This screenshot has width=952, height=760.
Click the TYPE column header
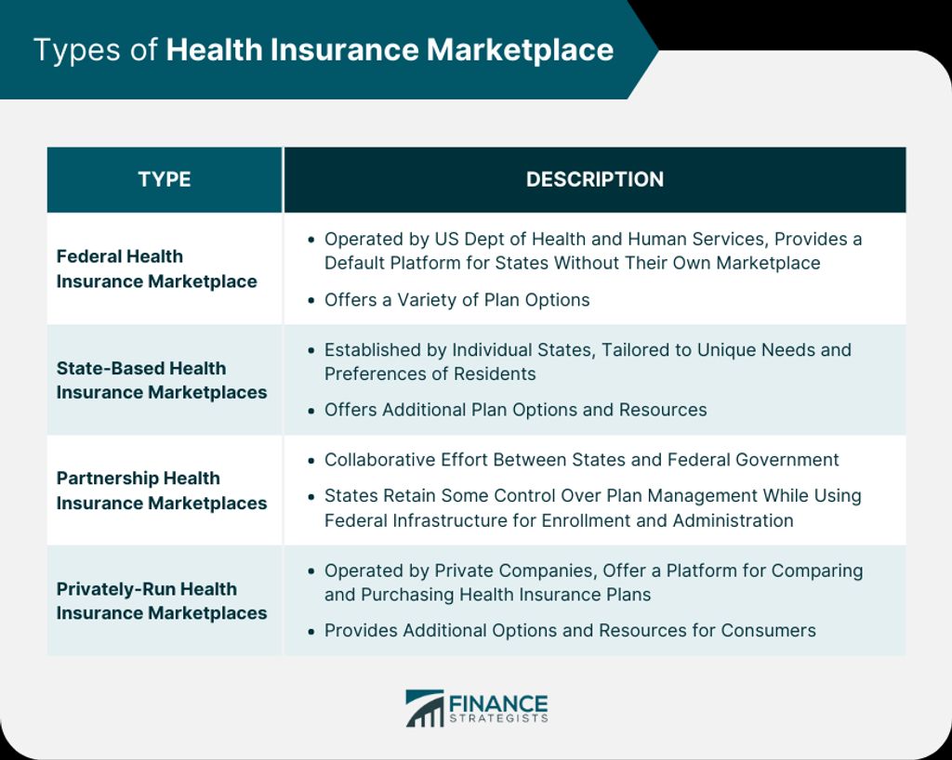pyautogui.click(x=164, y=179)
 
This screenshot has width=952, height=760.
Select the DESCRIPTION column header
pyautogui.click(x=594, y=179)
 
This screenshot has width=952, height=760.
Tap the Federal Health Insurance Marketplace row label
pyautogui.click(x=156, y=269)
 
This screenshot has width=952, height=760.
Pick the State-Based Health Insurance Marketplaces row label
pyautogui.click(x=162, y=380)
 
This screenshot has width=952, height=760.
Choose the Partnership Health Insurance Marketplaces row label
pyautogui.click(x=162, y=491)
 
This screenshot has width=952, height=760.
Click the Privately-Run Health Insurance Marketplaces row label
pyautogui.click(x=162, y=601)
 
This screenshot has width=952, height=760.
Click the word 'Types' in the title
pyautogui.click(x=77, y=50)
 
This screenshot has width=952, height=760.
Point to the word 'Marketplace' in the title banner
pyautogui.click(x=521, y=50)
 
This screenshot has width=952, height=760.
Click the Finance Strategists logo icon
pyautogui.click(x=424, y=708)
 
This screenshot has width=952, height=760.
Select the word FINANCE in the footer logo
pyautogui.click(x=498, y=704)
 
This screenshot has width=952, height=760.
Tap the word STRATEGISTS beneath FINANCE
pyautogui.click(x=498, y=719)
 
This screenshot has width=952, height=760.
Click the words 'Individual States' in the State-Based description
pyautogui.click(x=518, y=350)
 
